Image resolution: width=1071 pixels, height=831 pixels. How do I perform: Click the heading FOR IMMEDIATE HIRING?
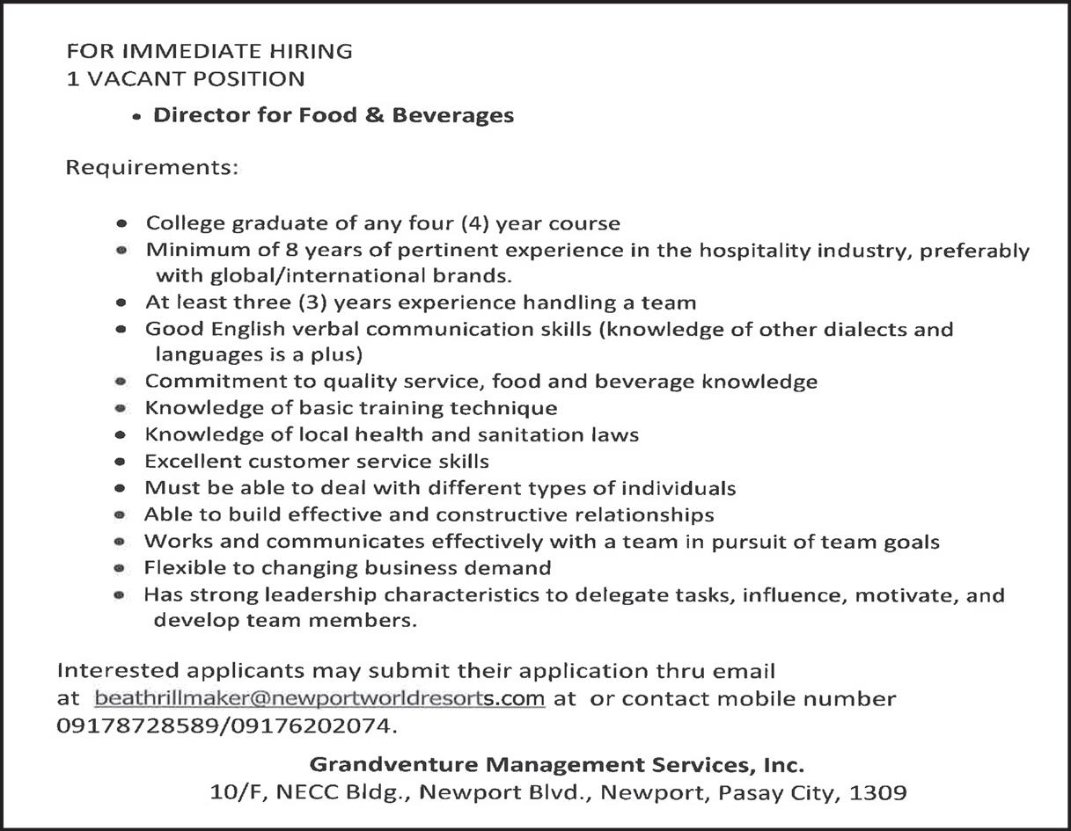pos(209,51)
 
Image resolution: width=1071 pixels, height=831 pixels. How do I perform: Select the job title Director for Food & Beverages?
pos(334,115)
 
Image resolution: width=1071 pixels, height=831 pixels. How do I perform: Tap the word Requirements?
pos(151,167)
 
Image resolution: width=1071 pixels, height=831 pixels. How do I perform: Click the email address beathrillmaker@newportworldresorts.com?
pos(319,699)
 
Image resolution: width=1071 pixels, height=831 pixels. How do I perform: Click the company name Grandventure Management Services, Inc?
pos(557,763)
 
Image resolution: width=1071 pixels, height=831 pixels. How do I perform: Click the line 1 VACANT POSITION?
pos(186,79)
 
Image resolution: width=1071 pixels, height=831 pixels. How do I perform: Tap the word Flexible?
pos(180,567)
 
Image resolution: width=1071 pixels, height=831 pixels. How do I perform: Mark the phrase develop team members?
pos(283,621)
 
